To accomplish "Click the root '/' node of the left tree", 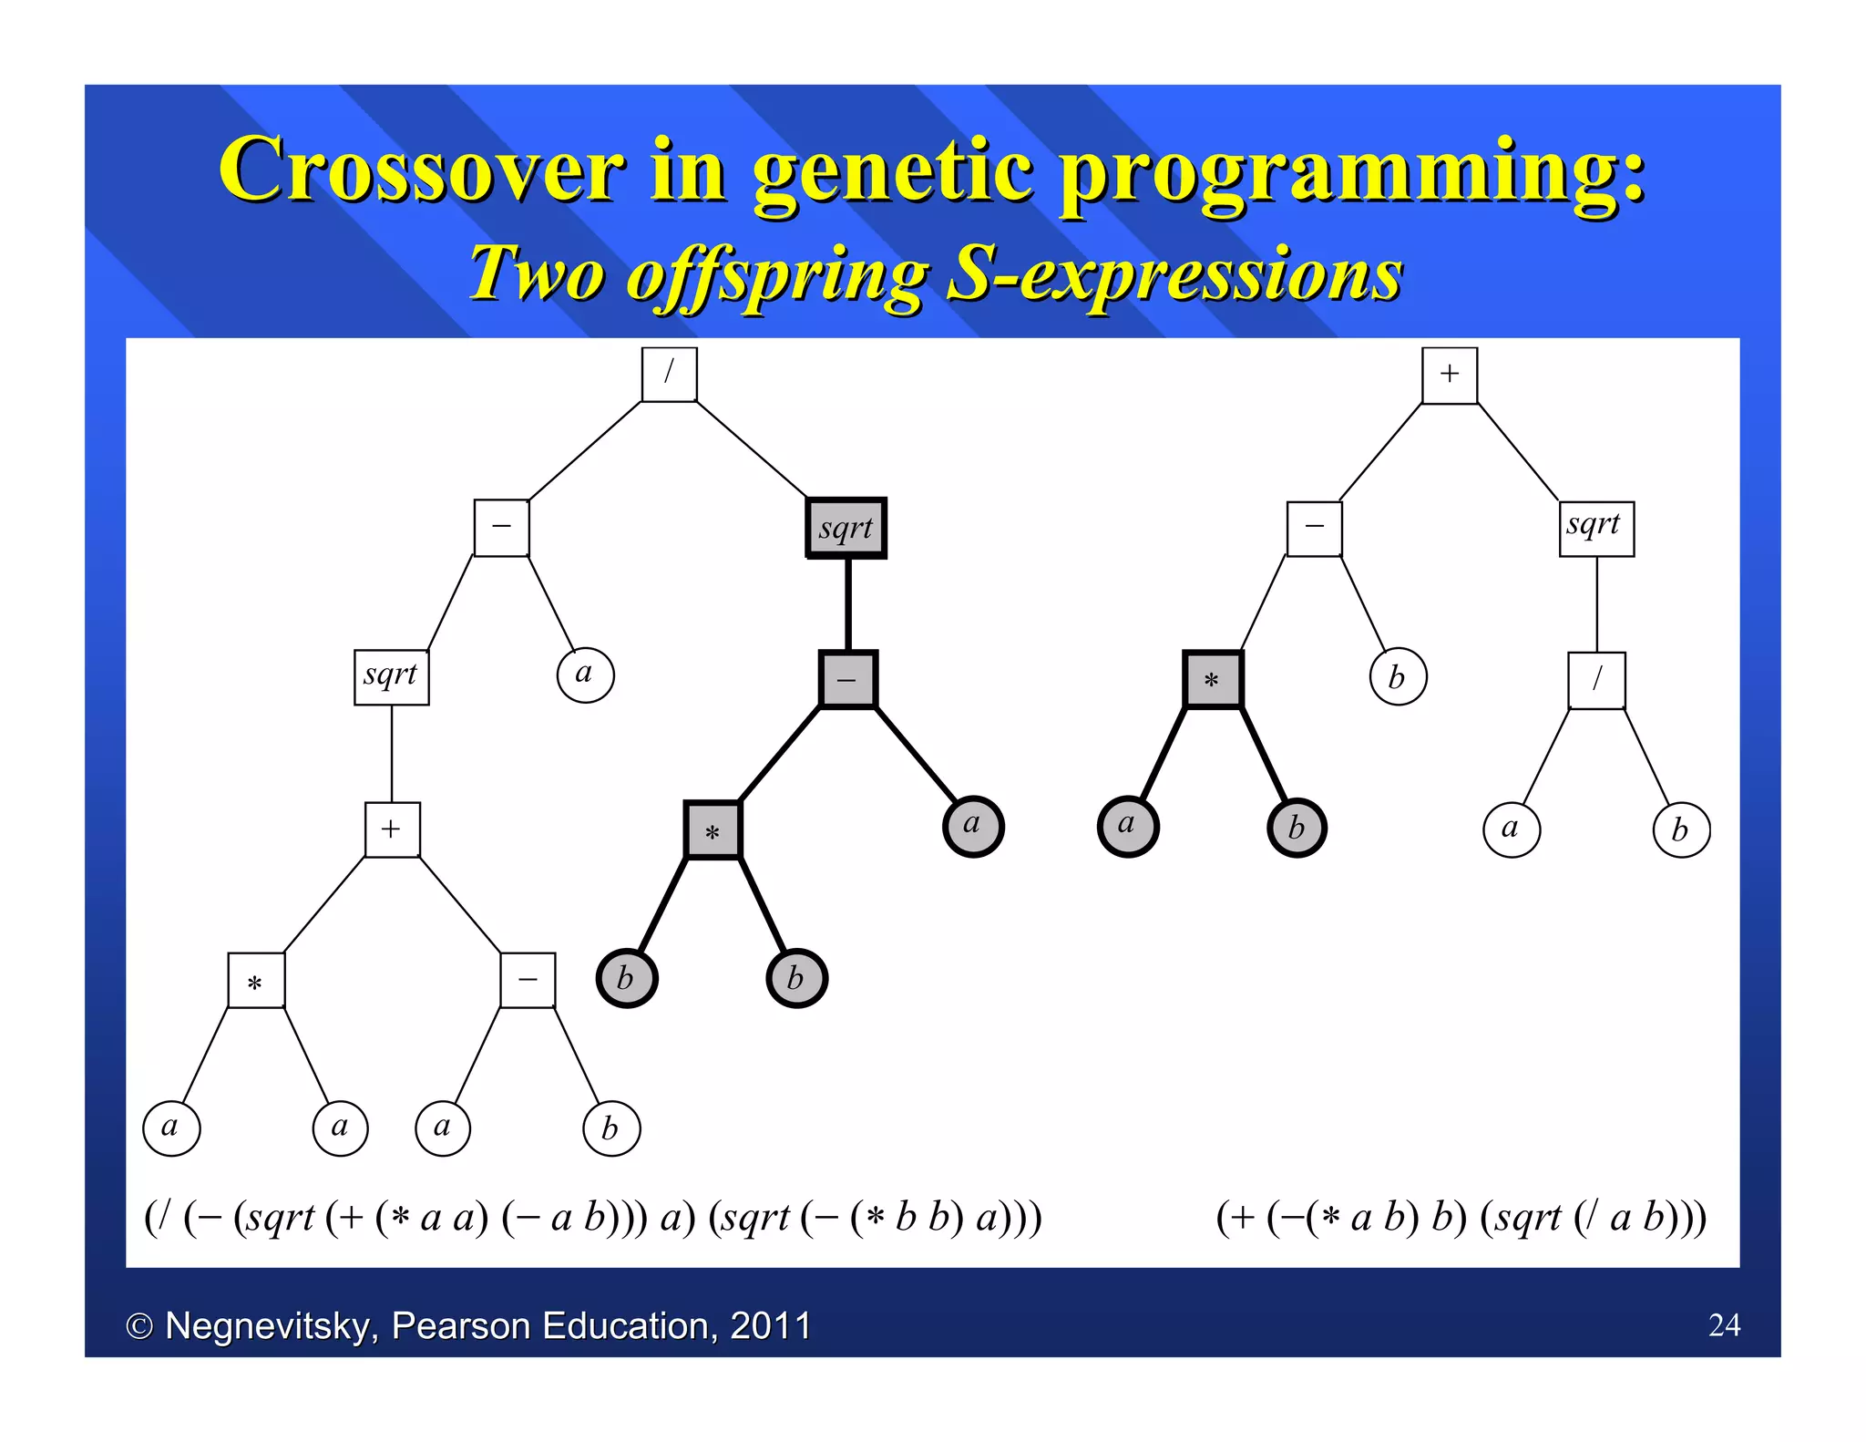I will click(669, 374).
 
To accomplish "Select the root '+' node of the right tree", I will click(1449, 375).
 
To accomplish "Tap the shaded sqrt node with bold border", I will click(846, 528).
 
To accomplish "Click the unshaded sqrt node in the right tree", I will click(1595, 528).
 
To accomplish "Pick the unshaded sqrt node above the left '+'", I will click(391, 676).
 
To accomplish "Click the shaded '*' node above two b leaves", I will click(713, 829).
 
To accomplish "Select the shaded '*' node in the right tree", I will click(1212, 679).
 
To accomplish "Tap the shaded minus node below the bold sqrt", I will click(847, 679).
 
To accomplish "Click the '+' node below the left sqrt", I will click(392, 829).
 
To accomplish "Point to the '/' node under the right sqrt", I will click(1596, 679).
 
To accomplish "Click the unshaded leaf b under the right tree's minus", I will click(1398, 676).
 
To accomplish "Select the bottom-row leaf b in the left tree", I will click(610, 1128).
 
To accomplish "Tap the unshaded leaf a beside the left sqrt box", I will click(585, 675).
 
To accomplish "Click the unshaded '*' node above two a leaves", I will click(256, 980).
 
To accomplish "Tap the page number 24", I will click(1724, 1324).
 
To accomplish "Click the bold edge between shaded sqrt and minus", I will click(847, 603).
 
